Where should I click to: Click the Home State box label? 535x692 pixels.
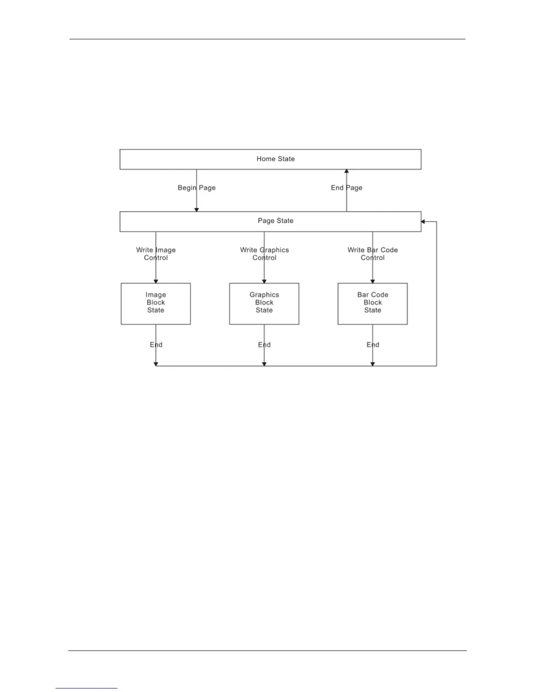point(275,159)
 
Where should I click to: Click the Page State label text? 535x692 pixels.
point(275,221)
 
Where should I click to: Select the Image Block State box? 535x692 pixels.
point(156,304)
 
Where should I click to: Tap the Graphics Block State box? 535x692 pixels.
point(264,304)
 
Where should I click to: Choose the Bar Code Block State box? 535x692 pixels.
point(372,304)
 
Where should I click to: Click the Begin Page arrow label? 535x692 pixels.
point(196,188)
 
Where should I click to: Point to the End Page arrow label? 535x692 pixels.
point(347,188)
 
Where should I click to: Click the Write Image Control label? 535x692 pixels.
point(156,254)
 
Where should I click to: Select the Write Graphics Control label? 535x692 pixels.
point(264,254)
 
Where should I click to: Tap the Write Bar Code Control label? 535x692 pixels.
point(372,254)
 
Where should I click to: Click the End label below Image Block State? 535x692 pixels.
point(156,345)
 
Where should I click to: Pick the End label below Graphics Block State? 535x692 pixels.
point(264,345)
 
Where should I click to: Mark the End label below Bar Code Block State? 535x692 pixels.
point(372,345)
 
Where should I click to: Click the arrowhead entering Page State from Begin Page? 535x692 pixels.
point(196,210)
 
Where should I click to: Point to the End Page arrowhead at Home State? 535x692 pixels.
point(347,172)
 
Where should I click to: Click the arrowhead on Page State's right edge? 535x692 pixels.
point(423,222)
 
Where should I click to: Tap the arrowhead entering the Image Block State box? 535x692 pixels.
point(156,281)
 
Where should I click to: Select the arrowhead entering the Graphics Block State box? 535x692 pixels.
point(264,281)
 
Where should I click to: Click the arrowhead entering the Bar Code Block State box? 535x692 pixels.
point(372,281)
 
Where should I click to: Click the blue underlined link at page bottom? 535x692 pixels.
point(87,689)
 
